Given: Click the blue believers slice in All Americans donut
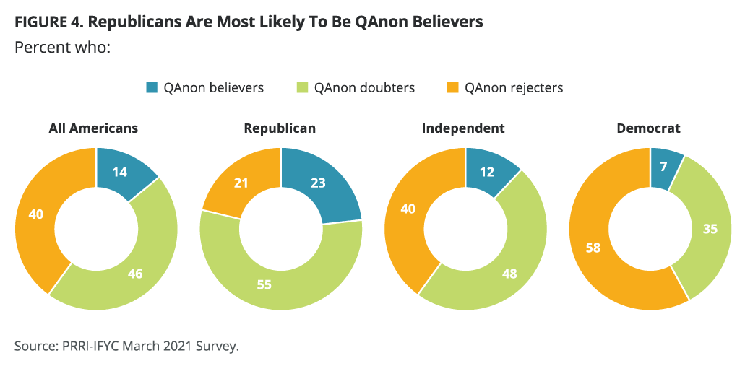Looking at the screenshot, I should pos(121,173).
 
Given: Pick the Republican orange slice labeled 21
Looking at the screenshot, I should pos(241,183).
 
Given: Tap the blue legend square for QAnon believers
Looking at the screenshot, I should pos(151,88).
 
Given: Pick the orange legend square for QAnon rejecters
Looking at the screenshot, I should pos(452,88).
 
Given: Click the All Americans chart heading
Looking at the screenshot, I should pos(93,128).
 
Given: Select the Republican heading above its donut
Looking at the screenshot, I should pos(280,128).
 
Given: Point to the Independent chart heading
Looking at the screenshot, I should pos(463,128).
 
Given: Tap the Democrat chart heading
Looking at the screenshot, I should pos(648,128).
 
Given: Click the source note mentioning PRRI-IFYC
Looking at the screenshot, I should pos(126,346).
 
